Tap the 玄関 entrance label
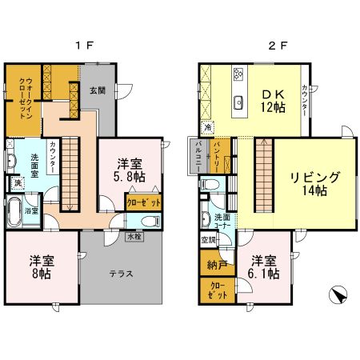pos(96,90)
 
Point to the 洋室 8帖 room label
pos(42,266)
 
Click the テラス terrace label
pos(121,273)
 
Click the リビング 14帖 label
pos(315,183)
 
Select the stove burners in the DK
pos(238,75)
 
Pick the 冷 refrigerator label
pos(207,126)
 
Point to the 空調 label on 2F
pos(206,240)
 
